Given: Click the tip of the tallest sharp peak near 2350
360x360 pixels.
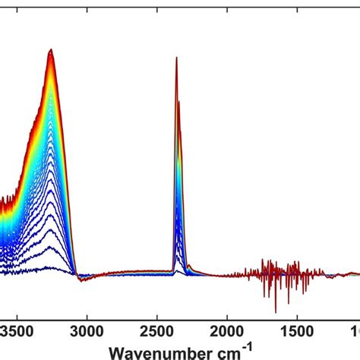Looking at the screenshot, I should tap(176, 58).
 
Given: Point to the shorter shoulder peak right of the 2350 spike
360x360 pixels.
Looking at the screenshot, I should tap(179, 102).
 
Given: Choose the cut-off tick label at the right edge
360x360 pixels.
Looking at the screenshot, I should tap(355, 331).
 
